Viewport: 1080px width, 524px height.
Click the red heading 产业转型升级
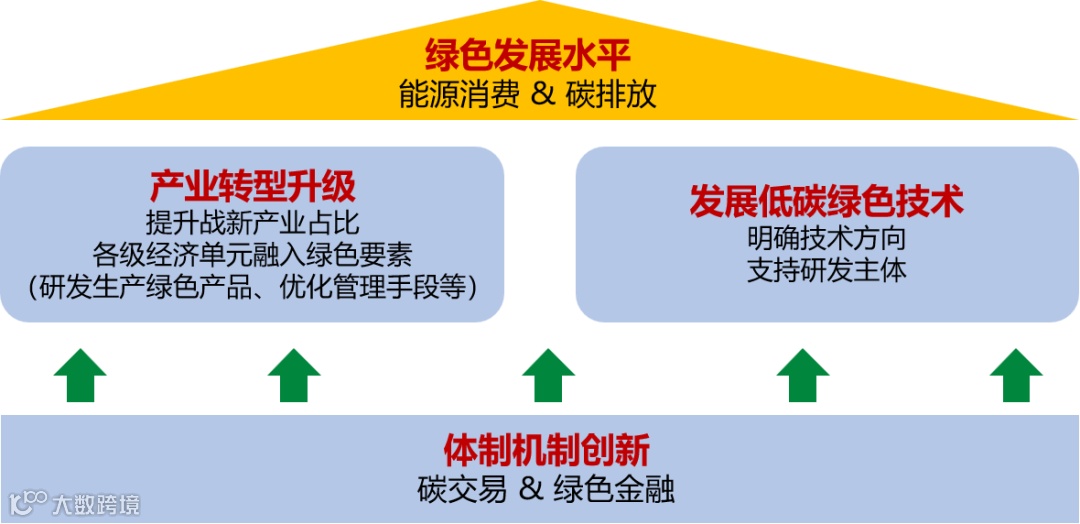pyautogui.click(x=252, y=186)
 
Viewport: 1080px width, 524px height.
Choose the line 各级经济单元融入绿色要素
pyautogui.click(x=252, y=254)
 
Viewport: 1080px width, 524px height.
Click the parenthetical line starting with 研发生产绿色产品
pyautogui.click(x=252, y=287)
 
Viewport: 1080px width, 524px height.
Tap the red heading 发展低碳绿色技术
pyautogui.click(x=826, y=202)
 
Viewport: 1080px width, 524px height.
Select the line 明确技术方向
pyautogui.click(x=826, y=239)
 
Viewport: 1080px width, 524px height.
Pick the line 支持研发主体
pyautogui.click(x=826, y=271)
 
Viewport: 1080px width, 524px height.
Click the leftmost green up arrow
pyautogui.click(x=80, y=376)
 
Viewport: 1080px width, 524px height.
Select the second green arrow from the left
pyautogui.click(x=294, y=376)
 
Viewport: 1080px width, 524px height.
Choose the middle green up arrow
pyautogui.click(x=548, y=376)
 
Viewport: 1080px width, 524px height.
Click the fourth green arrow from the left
pyautogui.click(x=803, y=376)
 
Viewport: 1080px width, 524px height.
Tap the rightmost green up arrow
pyautogui.click(x=1016, y=376)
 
